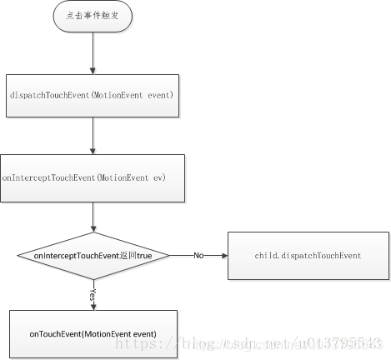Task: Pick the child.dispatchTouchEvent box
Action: pyautogui.click(x=308, y=254)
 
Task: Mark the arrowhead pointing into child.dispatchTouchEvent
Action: pyautogui.click(x=223, y=254)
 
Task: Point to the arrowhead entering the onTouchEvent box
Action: pyautogui.click(x=93, y=306)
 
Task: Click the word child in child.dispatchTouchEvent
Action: pyautogui.click(x=267, y=255)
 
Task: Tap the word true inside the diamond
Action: pyautogui.click(x=143, y=254)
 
